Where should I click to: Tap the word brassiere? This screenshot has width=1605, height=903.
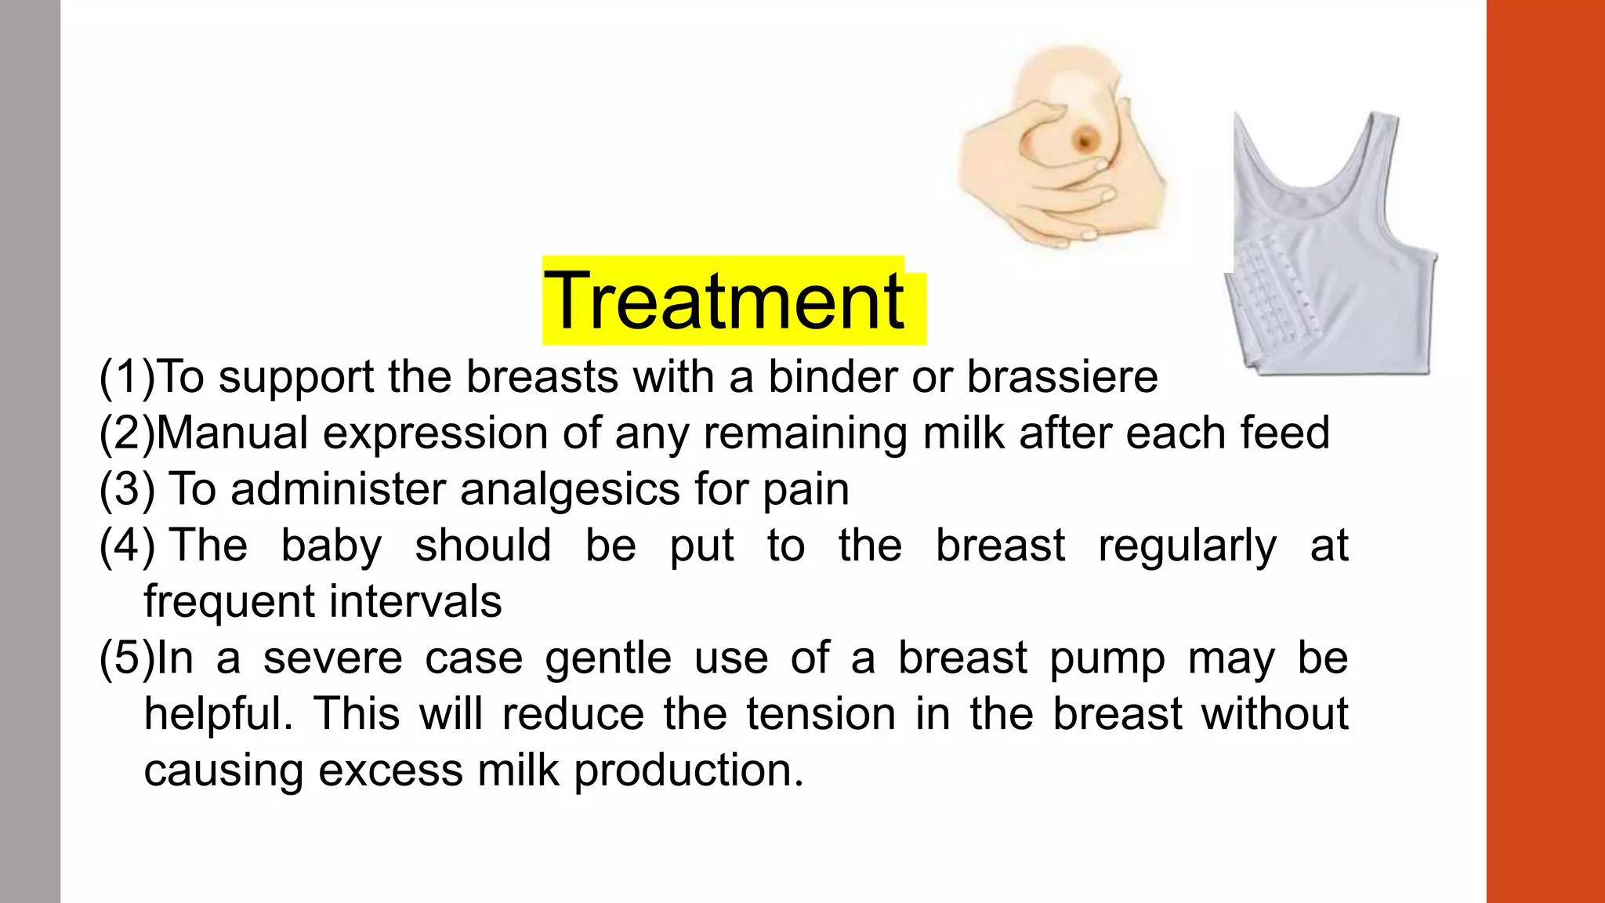coord(1062,377)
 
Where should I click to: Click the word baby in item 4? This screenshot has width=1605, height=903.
coord(331,546)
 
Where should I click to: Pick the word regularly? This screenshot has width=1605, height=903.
coord(1187,546)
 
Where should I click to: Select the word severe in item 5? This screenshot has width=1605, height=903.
coord(332,658)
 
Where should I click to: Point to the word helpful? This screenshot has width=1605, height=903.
coord(217,714)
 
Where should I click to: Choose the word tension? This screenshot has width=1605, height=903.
coord(821,714)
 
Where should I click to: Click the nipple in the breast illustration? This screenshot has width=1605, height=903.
coord(1085,141)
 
